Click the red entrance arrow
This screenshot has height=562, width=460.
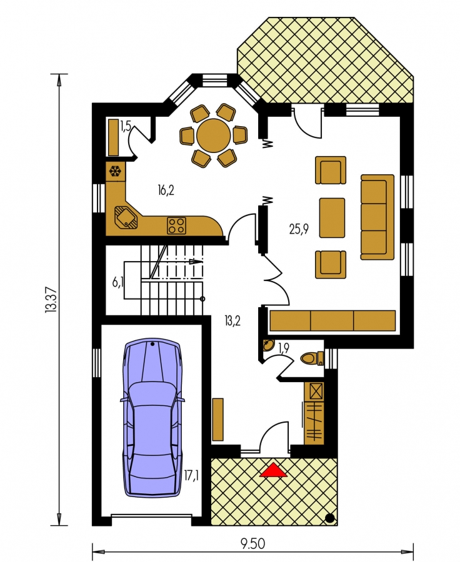coord(273,470)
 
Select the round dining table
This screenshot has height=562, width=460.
coord(214,136)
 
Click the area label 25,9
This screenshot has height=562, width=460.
coord(299,229)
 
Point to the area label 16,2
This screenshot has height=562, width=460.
coord(166,190)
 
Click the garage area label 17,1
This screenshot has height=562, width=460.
coord(192,476)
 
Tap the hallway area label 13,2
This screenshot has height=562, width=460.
coord(232,321)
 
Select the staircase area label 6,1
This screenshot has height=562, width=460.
coord(118,282)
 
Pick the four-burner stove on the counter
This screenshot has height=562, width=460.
coord(176,226)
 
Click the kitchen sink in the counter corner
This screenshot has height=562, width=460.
coord(126,217)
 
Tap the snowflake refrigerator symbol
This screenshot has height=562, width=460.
coord(115,171)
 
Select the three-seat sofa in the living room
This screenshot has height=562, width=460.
coord(377,217)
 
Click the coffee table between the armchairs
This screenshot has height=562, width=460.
coord(332,218)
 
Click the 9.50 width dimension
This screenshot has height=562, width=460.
coord(252,543)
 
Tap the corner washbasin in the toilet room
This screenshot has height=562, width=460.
coord(268,345)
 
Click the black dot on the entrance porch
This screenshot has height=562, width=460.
coord(330,518)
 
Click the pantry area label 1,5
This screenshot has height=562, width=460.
coord(126,127)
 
